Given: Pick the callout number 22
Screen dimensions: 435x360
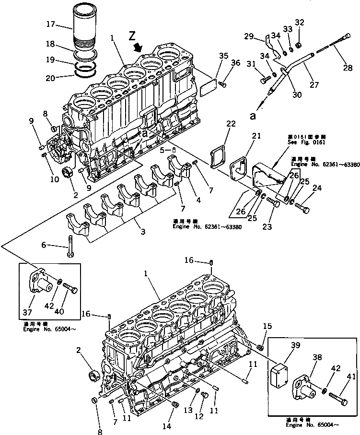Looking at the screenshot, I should (231, 124).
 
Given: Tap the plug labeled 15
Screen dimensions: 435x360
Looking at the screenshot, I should (262, 347).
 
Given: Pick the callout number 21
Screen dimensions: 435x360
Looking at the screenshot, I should (256, 136).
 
